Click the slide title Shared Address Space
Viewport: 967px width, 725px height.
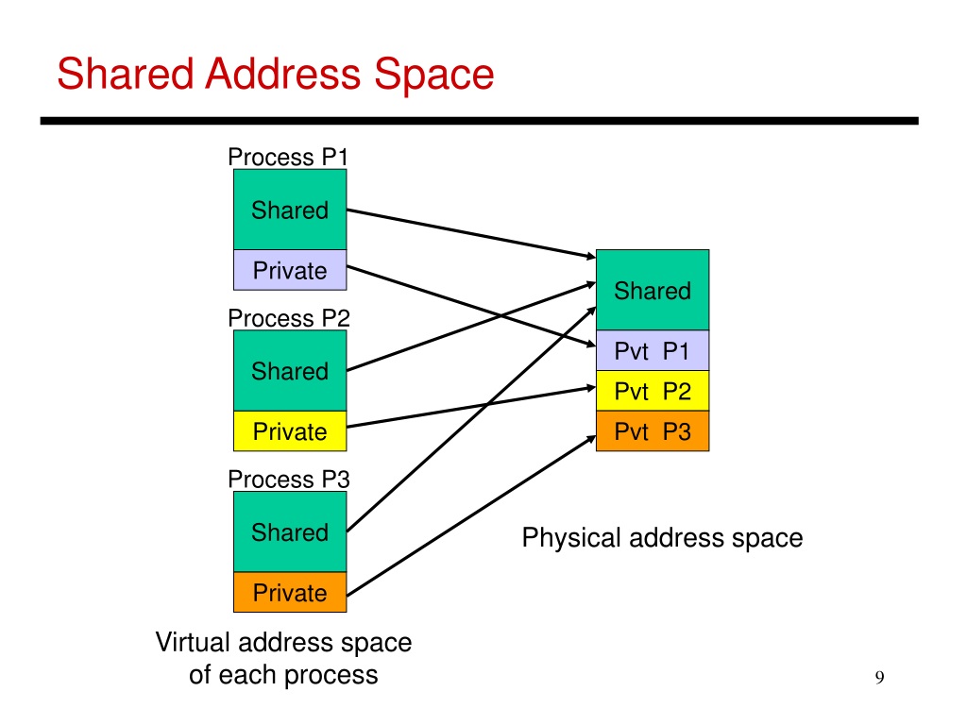pos(275,74)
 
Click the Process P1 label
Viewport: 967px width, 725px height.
pos(288,157)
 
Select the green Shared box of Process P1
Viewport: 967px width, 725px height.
pos(290,210)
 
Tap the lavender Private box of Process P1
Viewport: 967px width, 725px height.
pos(290,271)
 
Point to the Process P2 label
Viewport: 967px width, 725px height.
pos(288,318)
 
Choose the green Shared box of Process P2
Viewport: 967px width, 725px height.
pos(290,371)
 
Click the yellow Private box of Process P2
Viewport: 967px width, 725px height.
pos(290,432)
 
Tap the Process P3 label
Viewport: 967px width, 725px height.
pos(288,480)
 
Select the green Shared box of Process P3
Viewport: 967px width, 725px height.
pos(290,532)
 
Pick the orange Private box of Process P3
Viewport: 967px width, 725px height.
pos(290,593)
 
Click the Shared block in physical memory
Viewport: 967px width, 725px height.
pos(653,291)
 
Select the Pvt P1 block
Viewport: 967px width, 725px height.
pos(653,351)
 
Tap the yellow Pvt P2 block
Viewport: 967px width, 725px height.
pos(653,391)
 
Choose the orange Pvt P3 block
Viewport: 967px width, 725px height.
pos(653,431)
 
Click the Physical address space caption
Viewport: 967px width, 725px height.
pos(662,538)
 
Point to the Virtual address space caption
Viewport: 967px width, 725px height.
pos(283,659)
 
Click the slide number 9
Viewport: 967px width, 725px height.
pos(879,677)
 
